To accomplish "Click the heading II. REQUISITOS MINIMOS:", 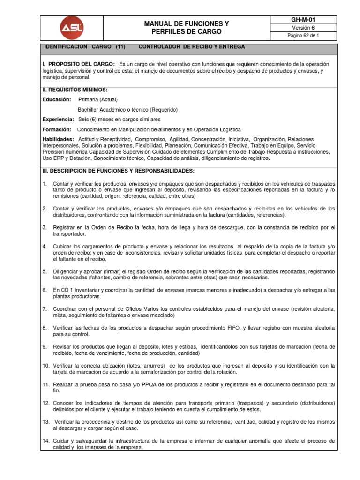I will point(75,90).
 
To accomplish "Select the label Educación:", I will point(57,99).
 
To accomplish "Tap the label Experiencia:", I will point(58,120).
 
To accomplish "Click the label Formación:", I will point(57,129).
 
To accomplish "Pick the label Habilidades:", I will point(58,140).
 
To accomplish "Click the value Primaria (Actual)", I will point(98,99).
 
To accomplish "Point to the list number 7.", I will point(45,309).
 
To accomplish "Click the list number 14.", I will point(46,441).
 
